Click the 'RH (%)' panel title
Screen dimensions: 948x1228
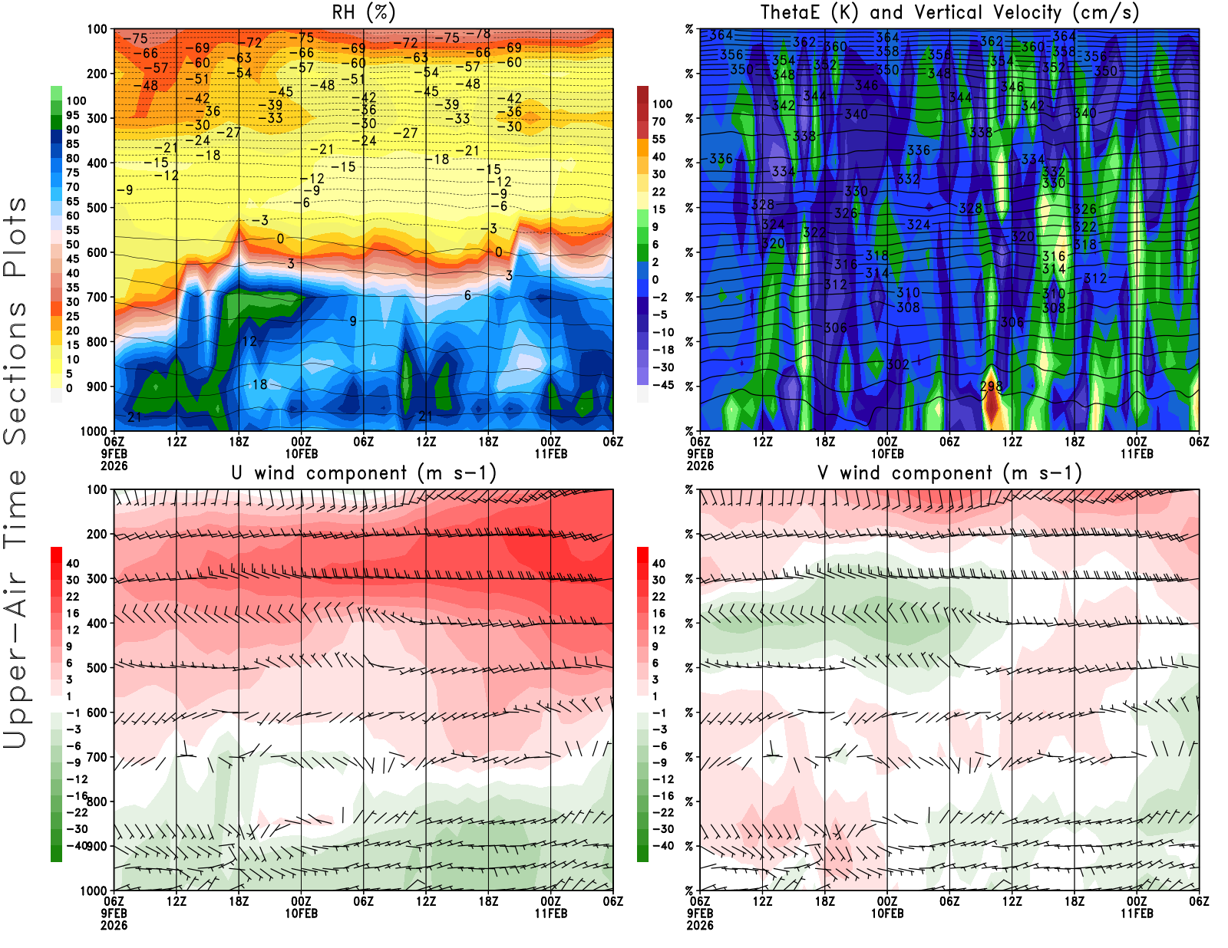pos(364,13)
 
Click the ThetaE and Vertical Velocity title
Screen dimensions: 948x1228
pos(949,13)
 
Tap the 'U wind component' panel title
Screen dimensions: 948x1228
pos(364,473)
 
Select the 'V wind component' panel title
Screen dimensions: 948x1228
pos(949,473)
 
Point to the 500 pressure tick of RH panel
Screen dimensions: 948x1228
pos(97,208)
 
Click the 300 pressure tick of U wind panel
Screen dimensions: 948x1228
pos(97,579)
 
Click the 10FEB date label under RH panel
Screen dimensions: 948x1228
pos(301,453)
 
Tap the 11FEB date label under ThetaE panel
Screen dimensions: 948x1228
pos(1137,453)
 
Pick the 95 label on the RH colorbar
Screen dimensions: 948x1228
pos(72,115)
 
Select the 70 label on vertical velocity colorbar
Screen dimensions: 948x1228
pos(659,121)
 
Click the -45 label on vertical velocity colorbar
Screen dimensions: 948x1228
pos(662,385)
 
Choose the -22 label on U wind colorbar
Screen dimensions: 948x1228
pos(77,812)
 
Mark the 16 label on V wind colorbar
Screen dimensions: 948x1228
pos(659,614)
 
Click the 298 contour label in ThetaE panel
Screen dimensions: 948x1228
pos(991,386)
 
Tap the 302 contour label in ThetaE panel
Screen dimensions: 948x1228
pos(898,364)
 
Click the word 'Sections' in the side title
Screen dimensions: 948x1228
pos(15,372)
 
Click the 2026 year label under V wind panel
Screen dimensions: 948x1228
pos(700,925)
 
